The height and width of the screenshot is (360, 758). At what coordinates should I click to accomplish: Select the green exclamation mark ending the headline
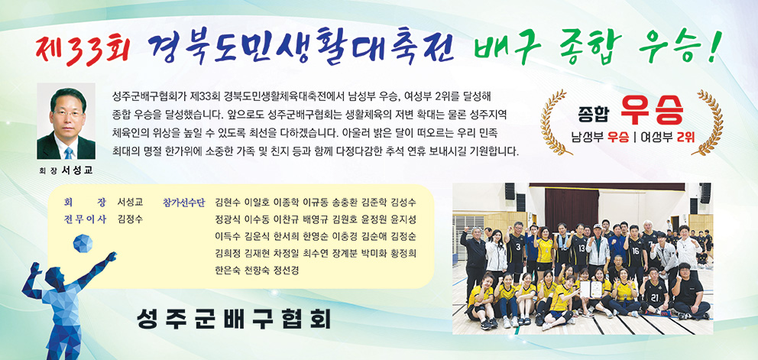[714, 46]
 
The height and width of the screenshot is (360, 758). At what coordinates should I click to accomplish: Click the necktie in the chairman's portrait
[69, 153]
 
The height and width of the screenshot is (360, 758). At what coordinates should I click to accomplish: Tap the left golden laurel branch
[555, 122]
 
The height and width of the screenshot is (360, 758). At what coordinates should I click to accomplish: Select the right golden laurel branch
[708, 122]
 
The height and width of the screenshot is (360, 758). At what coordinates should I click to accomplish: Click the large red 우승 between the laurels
[652, 112]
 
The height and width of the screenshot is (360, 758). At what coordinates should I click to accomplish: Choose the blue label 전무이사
[85, 219]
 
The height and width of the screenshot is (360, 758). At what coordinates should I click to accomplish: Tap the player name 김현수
[228, 203]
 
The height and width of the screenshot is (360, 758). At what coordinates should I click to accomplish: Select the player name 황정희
[403, 253]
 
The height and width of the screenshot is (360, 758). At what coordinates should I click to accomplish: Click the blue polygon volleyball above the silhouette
[83, 243]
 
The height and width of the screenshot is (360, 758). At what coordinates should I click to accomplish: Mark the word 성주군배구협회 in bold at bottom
[234, 319]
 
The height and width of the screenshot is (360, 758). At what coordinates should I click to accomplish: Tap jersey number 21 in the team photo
[654, 297]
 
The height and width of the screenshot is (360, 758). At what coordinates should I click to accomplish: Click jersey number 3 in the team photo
[517, 246]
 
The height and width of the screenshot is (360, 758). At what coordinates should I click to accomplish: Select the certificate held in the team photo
[591, 289]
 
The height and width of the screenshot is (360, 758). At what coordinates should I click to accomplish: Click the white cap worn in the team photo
[598, 226]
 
